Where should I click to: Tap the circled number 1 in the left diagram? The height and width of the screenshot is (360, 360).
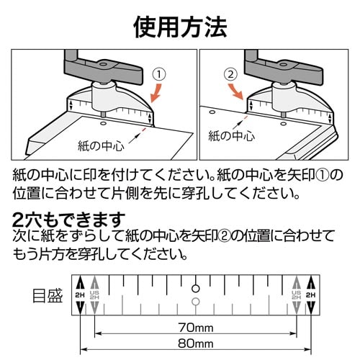(160, 73)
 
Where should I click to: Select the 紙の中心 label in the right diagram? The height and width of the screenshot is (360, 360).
(231, 134)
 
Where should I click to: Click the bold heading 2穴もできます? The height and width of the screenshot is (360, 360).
(70, 218)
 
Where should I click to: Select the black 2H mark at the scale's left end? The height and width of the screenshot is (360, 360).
(80, 295)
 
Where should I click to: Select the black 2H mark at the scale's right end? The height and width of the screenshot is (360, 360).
(311, 295)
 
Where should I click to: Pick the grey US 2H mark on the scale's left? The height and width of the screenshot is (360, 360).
(94, 295)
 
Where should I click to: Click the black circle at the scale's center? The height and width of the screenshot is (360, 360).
(195, 283)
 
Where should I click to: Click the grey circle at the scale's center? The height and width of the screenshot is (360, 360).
(195, 300)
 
